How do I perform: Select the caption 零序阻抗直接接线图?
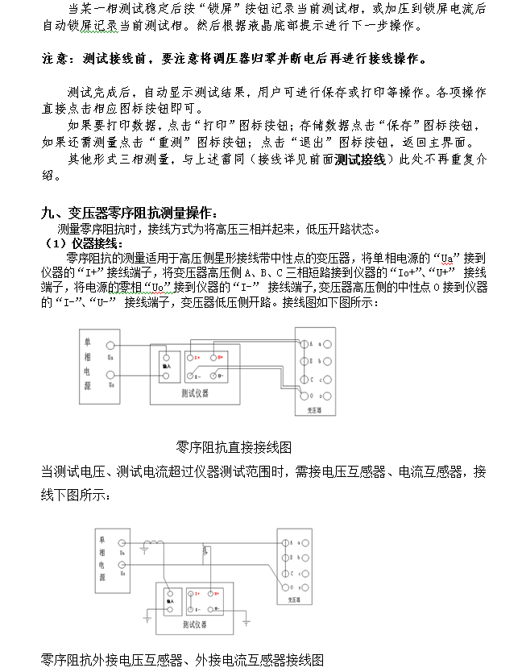click(x=233, y=446)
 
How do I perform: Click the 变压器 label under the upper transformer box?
click(x=313, y=409)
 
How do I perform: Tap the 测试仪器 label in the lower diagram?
click(x=194, y=624)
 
